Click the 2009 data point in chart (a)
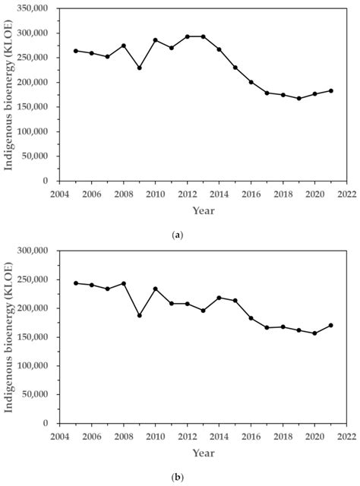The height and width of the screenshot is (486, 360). point(139,68)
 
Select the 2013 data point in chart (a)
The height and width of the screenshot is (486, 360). point(203,36)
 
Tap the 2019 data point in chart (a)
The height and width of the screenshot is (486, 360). point(298,98)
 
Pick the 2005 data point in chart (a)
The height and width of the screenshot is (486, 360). point(75,51)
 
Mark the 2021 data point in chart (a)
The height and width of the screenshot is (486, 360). point(330,90)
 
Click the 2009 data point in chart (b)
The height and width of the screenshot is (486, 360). point(139,315)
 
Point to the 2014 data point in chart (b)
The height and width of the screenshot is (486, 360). point(219,298)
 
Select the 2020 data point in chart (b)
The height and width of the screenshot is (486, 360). point(314,333)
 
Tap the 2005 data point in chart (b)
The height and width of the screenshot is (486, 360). point(75,283)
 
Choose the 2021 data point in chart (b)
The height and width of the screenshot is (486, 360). point(330,325)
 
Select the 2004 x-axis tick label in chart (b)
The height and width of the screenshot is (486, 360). point(59,437)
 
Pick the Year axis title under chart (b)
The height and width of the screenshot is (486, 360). point(203,453)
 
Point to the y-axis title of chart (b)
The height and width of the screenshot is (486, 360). point(9,336)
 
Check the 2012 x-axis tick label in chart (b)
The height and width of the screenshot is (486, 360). point(187,437)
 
